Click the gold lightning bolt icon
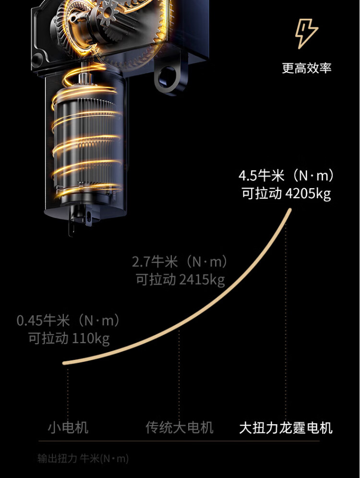[306, 34]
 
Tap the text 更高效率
[306, 68]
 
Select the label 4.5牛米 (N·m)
[286, 176]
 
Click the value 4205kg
[308, 193]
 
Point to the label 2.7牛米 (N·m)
[180, 262]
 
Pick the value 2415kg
[202, 279]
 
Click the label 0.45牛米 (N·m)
[68, 321]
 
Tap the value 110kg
[91, 338]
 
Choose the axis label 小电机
[68, 428]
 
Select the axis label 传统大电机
[179, 428]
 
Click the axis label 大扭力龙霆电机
[286, 428]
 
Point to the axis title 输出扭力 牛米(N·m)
[83, 458]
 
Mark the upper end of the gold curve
[290, 210]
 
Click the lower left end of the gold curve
[64, 363]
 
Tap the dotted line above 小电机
[68, 393]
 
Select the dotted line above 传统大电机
[179, 375]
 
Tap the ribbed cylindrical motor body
[86, 146]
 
